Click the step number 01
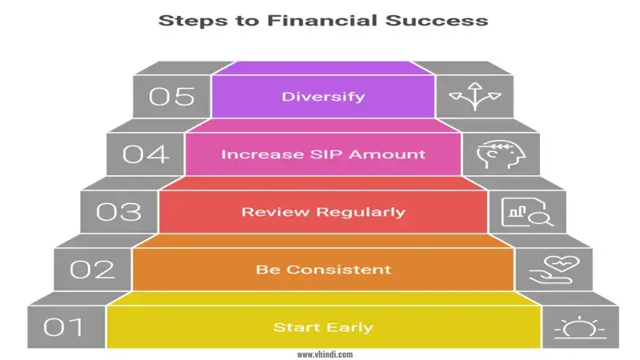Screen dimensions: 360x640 (65, 327)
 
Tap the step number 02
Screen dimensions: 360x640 (92, 270)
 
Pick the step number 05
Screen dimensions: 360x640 (172, 97)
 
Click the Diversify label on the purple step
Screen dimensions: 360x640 (323, 97)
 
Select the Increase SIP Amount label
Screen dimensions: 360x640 (323, 154)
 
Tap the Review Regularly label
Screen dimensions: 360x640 (323, 212)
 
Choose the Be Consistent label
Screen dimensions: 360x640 (323, 270)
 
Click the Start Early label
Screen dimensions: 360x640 (323, 327)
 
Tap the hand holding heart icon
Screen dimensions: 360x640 (551, 270)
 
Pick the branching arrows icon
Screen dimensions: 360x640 (470, 97)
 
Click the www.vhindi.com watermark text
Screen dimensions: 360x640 (323, 354)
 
